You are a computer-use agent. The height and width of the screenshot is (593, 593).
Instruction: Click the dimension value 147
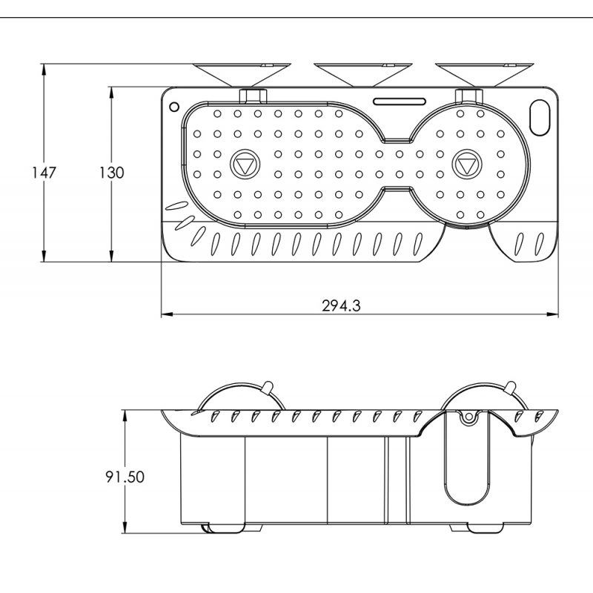44,172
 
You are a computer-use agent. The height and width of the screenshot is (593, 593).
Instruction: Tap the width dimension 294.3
342,305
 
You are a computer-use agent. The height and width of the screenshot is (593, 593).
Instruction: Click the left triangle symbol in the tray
244,164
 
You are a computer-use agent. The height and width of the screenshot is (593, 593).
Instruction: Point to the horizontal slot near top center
400,101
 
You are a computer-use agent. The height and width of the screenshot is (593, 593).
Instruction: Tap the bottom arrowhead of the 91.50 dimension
124,530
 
